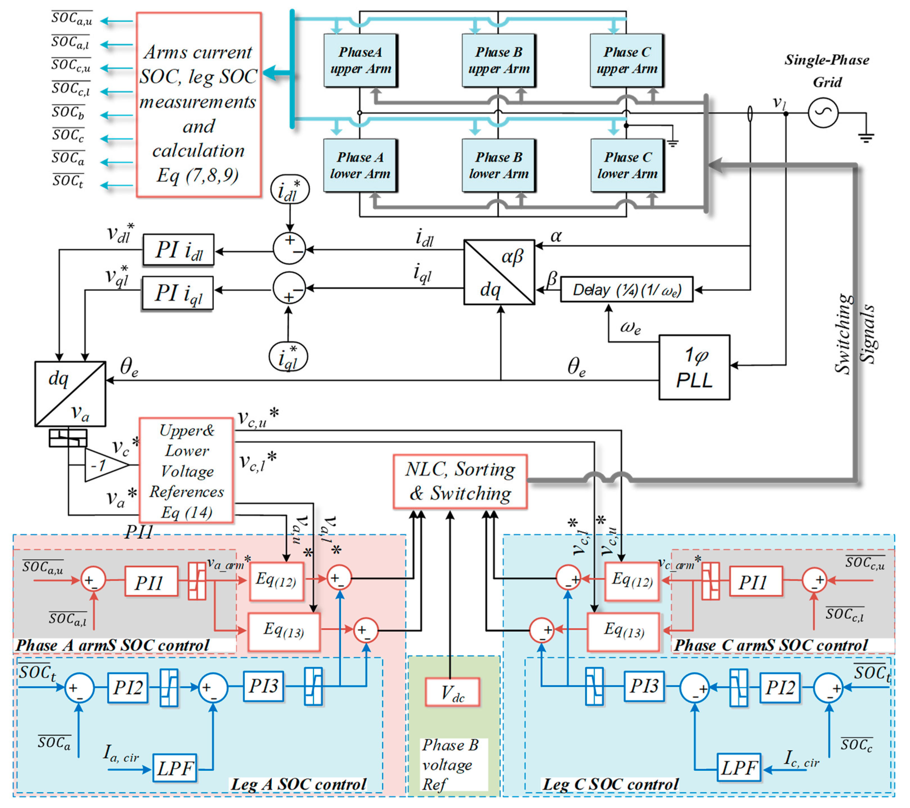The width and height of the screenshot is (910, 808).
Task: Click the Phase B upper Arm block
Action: [x=499, y=60]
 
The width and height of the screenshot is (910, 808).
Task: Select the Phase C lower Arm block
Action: [x=627, y=165]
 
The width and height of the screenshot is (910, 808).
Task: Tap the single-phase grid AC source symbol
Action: [x=823, y=113]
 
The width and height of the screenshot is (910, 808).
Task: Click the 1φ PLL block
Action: [x=694, y=367]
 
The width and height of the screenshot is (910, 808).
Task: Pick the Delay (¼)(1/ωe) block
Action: [x=626, y=290]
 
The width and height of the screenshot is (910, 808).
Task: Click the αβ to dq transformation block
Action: [x=499, y=272]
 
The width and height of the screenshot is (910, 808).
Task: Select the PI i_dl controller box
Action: [x=178, y=250]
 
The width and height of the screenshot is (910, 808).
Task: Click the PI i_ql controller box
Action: [x=177, y=293]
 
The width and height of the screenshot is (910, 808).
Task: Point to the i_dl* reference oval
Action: [x=290, y=190]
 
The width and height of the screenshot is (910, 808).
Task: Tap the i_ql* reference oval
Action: [x=288, y=356]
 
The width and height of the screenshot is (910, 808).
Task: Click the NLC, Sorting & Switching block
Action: [x=460, y=482]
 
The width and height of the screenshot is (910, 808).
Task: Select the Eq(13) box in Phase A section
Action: [x=284, y=631]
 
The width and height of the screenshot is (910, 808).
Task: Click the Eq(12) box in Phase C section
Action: [x=632, y=580]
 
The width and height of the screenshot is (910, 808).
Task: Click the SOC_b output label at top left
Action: [x=68, y=112]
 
